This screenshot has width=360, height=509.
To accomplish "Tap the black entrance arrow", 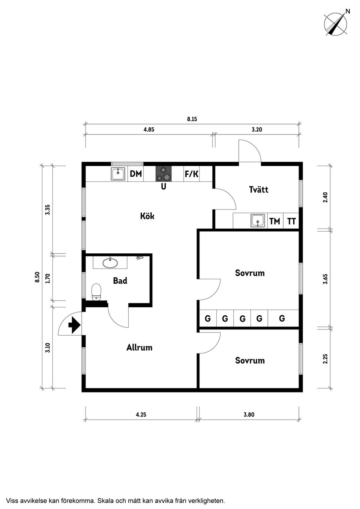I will click(x=74, y=324).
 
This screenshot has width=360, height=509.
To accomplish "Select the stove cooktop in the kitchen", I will click(x=164, y=174).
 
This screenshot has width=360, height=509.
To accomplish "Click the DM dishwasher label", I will click(x=136, y=174).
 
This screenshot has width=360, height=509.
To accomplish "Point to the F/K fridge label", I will click(x=191, y=174).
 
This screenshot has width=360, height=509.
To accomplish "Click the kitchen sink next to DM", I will click(x=118, y=174).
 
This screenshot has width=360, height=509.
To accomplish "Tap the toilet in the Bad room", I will click(x=97, y=292).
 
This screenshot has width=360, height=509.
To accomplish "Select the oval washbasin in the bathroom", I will click(x=110, y=263).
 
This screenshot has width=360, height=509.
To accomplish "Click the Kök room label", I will click(x=147, y=216).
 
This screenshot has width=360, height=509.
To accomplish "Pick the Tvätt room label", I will click(x=258, y=189).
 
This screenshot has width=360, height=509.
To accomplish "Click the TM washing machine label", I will click(x=274, y=221).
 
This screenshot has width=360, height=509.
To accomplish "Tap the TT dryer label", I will click(x=291, y=221).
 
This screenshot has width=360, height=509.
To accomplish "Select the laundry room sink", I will click(x=258, y=221).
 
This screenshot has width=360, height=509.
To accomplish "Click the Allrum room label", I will click(x=139, y=347).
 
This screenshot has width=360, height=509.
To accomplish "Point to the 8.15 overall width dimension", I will click(x=192, y=120).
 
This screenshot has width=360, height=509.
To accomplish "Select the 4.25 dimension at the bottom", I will click(x=141, y=415).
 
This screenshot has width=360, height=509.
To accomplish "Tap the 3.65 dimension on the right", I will click(x=325, y=279).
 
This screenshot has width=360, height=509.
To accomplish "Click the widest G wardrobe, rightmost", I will click(x=282, y=319).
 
